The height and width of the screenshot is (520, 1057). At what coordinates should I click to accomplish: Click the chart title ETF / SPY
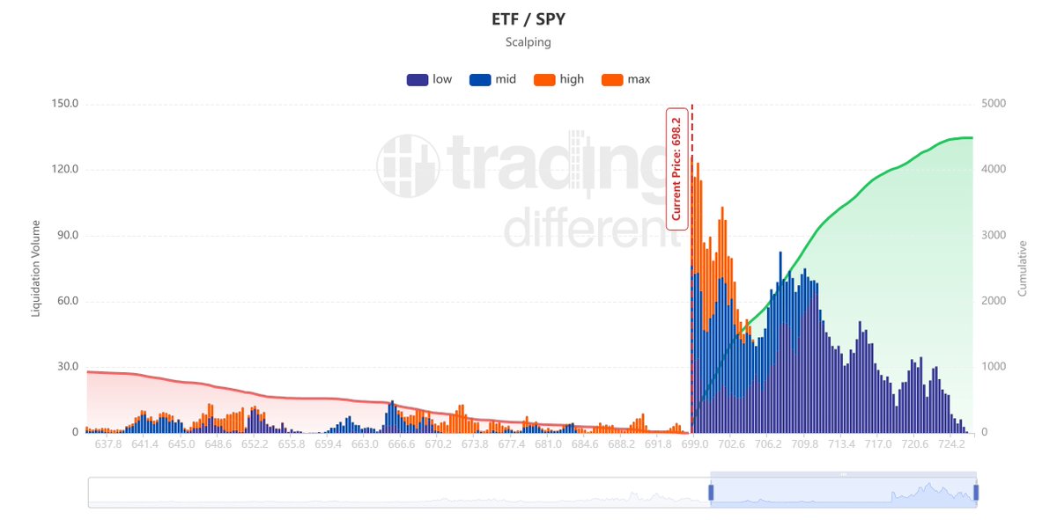(x=528, y=18)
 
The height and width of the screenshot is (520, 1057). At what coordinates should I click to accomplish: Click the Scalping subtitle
(x=528, y=42)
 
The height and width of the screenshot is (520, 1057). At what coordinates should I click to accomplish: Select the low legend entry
(x=429, y=79)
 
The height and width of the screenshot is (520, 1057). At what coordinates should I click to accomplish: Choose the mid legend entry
(x=492, y=79)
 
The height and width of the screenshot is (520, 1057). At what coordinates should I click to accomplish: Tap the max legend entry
(x=625, y=79)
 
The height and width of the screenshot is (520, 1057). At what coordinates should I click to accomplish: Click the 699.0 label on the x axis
(x=694, y=444)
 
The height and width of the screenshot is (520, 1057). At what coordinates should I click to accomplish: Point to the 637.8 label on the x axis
(x=107, y=444)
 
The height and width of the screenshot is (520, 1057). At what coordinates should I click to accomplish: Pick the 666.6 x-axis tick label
(x=401, y=444)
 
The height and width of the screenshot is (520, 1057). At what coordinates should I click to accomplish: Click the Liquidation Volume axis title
(x=36, y=267)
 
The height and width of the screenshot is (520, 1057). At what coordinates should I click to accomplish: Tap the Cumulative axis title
(x=1023, y=267)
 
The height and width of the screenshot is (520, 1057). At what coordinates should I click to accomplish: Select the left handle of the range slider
(x=711, y=493)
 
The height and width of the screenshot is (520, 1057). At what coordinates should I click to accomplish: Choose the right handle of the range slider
(x=976, y=493)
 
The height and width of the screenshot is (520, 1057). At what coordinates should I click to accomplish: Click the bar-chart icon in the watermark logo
(x=407, y=165)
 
